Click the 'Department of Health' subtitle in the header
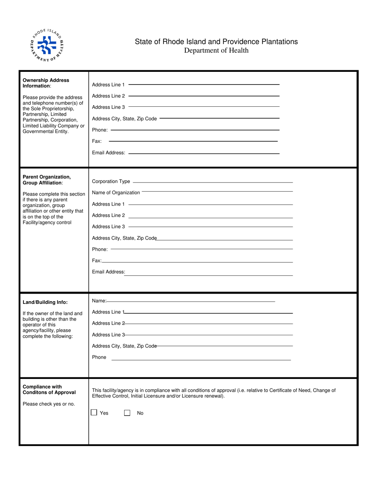click(x=216, y=50)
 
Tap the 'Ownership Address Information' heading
click(x=46, y=83)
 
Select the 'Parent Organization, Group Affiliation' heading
click(x=47, y=180)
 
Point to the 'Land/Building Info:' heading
click(x=45, y=302)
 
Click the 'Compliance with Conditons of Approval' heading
click(x=49, y=390)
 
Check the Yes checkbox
click(x=94, y=413)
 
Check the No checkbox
click(x=127, y=413)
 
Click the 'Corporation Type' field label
click(x=111, y=182)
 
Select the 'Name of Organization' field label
click(x=116, y=193)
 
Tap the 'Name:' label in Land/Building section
click(x=99, y=302)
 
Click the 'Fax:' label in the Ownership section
click(x=97, y=141)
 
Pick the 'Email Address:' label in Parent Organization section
click(x=108, y=272)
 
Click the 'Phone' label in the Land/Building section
click(x=99, y=357)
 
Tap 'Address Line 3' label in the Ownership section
click(x=108, y=107)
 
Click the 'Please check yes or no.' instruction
click(x=48, y=404)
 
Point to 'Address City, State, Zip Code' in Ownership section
click(x=124, y=119)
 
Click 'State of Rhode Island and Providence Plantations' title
click(x=216, y=42)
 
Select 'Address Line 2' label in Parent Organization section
click(x=108, y=215)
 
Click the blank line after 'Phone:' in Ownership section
click(x=194, y=130)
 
